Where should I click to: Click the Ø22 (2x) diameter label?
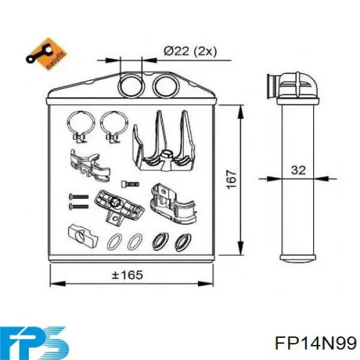pyautogui.click(x=190, y=51)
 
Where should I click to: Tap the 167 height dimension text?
pyautogui.click(x=232, y=179)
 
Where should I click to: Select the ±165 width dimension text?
pyautogui.click(x=127, y=275)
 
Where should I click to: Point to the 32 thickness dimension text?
pyautogui.click(x=298, y=170)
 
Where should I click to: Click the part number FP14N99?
pyautogui.click(x=316, y=343)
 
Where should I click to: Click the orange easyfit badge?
pyautogui.click(x=46, y=54)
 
